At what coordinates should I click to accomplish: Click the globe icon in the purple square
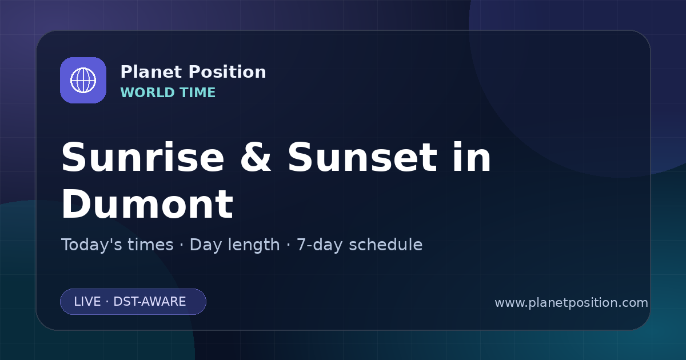pos(83,80)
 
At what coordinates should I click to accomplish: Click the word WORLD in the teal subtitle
pos(147,93)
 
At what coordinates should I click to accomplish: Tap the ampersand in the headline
pos(256,158)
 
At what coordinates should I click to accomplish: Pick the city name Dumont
pos(147,204)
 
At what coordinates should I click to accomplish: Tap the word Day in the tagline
pos(205,245)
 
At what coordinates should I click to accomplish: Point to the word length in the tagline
pos(253,245)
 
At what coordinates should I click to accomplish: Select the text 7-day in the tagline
pos(320,245)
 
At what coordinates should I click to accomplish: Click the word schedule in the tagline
pos(386,245)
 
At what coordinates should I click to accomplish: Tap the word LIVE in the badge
pos(87,302)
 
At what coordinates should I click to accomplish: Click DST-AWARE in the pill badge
pos(149,302)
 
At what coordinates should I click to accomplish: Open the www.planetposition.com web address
pos(571,303)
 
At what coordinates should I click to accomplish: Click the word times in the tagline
pos(150,245)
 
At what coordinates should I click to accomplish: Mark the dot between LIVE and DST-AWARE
pos(107,302)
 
